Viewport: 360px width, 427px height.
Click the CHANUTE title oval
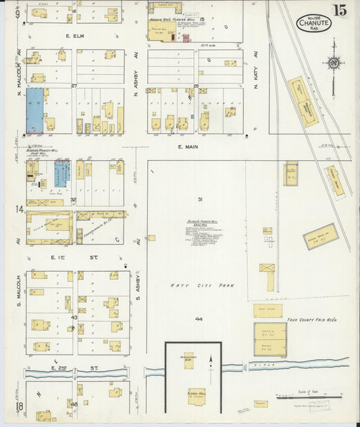(x=314, y=23)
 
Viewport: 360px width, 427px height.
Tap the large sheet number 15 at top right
(x=339, y=10)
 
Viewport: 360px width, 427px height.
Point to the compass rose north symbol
(x=333, y=63)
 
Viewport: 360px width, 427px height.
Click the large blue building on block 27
(x=34, y=110)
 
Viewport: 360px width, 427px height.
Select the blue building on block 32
(x=61, y=173)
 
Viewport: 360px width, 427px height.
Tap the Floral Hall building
(x=197, y=394)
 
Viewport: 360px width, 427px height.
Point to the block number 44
(x=199, y=318)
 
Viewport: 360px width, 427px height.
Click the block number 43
(x=74, y=318)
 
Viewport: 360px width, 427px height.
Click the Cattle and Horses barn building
(x=270, y=338)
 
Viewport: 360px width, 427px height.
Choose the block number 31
(x=200, y=199)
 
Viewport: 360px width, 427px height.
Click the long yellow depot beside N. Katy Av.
(x=302, y=102)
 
